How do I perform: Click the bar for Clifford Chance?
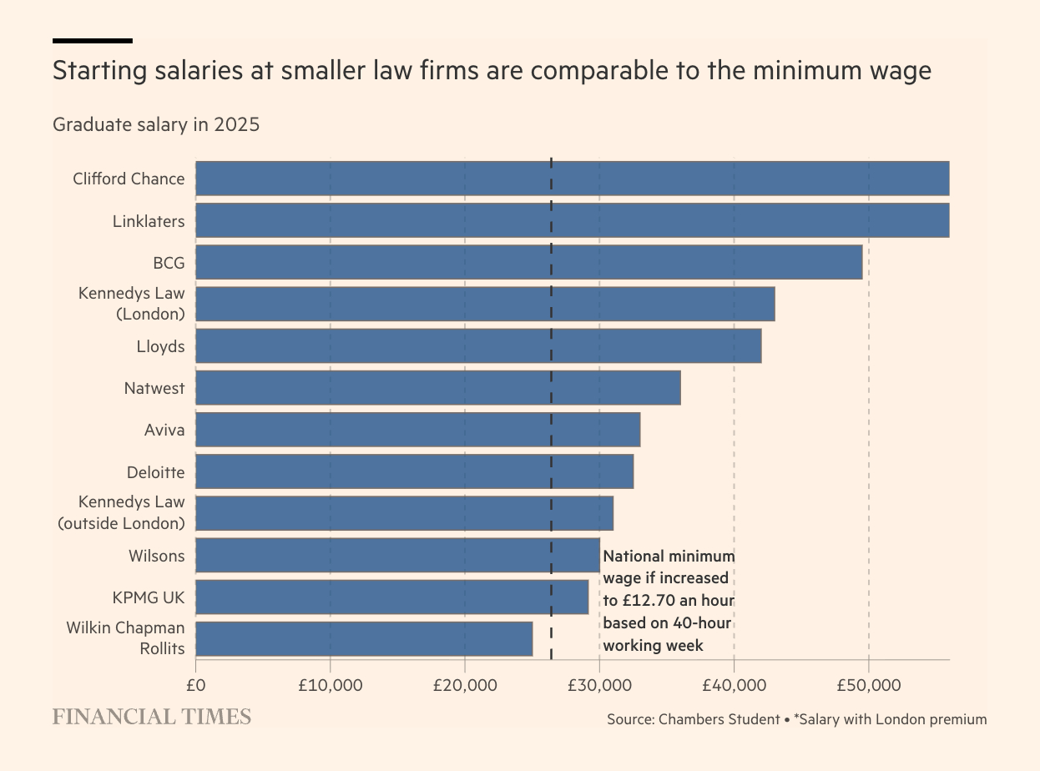572,179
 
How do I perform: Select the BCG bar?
528,262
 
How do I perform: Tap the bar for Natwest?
437,388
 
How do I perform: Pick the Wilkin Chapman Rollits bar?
364,639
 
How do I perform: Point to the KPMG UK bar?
391,597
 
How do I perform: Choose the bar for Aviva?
417,430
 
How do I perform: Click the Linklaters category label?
149,221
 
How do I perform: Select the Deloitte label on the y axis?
155,472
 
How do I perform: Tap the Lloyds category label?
160,346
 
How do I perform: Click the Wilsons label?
156,556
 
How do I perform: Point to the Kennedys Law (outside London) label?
121,513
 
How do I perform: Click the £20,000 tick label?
464,686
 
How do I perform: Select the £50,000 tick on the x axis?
868,686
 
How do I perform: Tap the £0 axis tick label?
195,686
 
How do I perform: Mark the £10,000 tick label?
330,686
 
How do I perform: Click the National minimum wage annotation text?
669,601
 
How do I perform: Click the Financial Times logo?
151,717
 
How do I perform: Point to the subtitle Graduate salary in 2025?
156,125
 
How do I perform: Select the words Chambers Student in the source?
719,719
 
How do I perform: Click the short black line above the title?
92,40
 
